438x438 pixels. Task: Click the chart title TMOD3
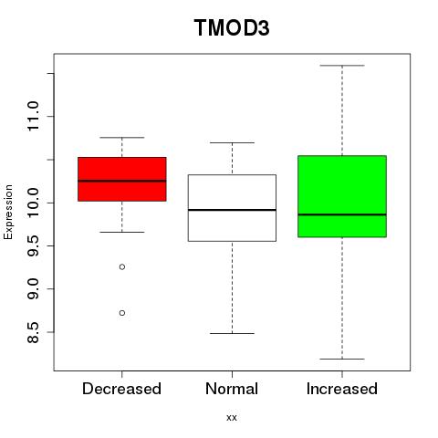pyautogui.click(x=232, y=27)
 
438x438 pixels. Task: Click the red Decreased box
pyautogui.click(x=122, y=179)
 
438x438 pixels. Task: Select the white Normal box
pyautogui.click(x=232, y=208)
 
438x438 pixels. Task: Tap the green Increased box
pyautogui.click(x=342, y=196)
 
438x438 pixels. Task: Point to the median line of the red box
pyautogui.click(x=122, y=181)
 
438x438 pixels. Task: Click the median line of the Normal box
pyautogui.click(x=232, y=210)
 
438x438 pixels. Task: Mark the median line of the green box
pyautogui.click(x=342, y=214)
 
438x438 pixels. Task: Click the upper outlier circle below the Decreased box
pyautogui.click(x=122, y=266)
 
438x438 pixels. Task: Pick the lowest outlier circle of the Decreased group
pyautogui.click(x=122, y=313)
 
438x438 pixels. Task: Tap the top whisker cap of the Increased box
pyautogui.click(x=342, y=66)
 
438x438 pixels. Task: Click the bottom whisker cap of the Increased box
pyautogui.click(x=342, y=359)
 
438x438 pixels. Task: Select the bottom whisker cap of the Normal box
pyautogui.click(x=232, y=333)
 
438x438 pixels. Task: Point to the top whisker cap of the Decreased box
pyautogui.click(x=122, y=138)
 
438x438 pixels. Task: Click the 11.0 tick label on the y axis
pyautogui.click(x=33, y=116)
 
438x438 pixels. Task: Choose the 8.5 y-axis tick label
pyautogui.click(x=33, y=332)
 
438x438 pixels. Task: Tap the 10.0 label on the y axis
pyautogui.click(x=33, y=203)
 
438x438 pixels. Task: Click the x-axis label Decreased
pyautogui.click(x=121, y=389)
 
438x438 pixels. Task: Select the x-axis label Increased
pyautogui.click(x=342, y=389)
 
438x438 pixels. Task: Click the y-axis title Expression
pyautogui.click(x=8, y=212)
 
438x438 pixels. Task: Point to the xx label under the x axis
pyautogui.click(x=232, y=418)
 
